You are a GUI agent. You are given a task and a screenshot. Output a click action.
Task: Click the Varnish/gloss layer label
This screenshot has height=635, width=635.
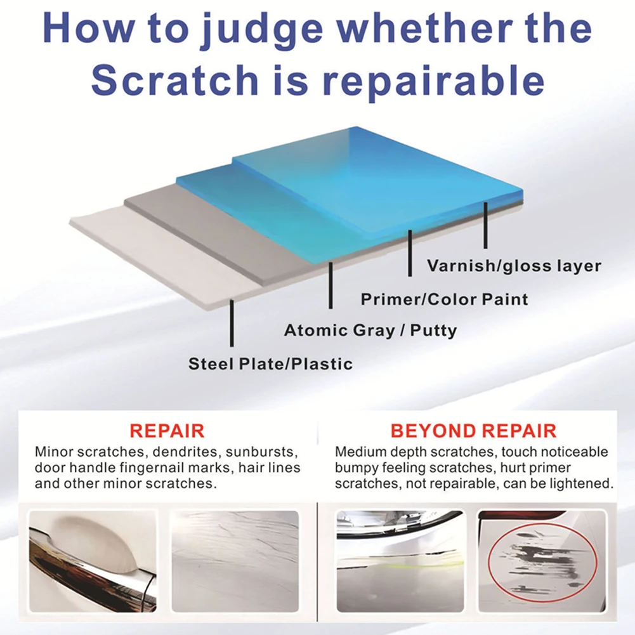(514, 266)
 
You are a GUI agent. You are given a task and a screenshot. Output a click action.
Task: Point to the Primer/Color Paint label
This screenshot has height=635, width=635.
(444, 299)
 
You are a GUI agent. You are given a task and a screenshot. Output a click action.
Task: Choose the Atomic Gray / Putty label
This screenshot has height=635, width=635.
(370, 331)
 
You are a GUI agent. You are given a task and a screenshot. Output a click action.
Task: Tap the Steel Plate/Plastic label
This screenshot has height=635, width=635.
(270, 363)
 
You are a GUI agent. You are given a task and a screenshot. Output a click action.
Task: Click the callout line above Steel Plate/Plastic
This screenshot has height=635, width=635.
(232, 323)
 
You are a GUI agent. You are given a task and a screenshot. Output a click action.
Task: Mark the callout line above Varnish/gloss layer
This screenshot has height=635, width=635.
(485, 225)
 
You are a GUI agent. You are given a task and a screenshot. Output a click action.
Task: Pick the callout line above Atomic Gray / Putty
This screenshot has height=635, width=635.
(331, 285)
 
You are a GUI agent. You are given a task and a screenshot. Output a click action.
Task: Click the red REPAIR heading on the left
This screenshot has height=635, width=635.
(167, 431)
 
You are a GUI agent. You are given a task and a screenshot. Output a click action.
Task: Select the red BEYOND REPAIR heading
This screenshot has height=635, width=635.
(473, 431)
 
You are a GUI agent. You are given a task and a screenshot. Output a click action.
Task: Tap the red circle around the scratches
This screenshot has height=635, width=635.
(543, 562)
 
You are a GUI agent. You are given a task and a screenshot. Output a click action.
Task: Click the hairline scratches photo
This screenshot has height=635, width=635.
(235, 561)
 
